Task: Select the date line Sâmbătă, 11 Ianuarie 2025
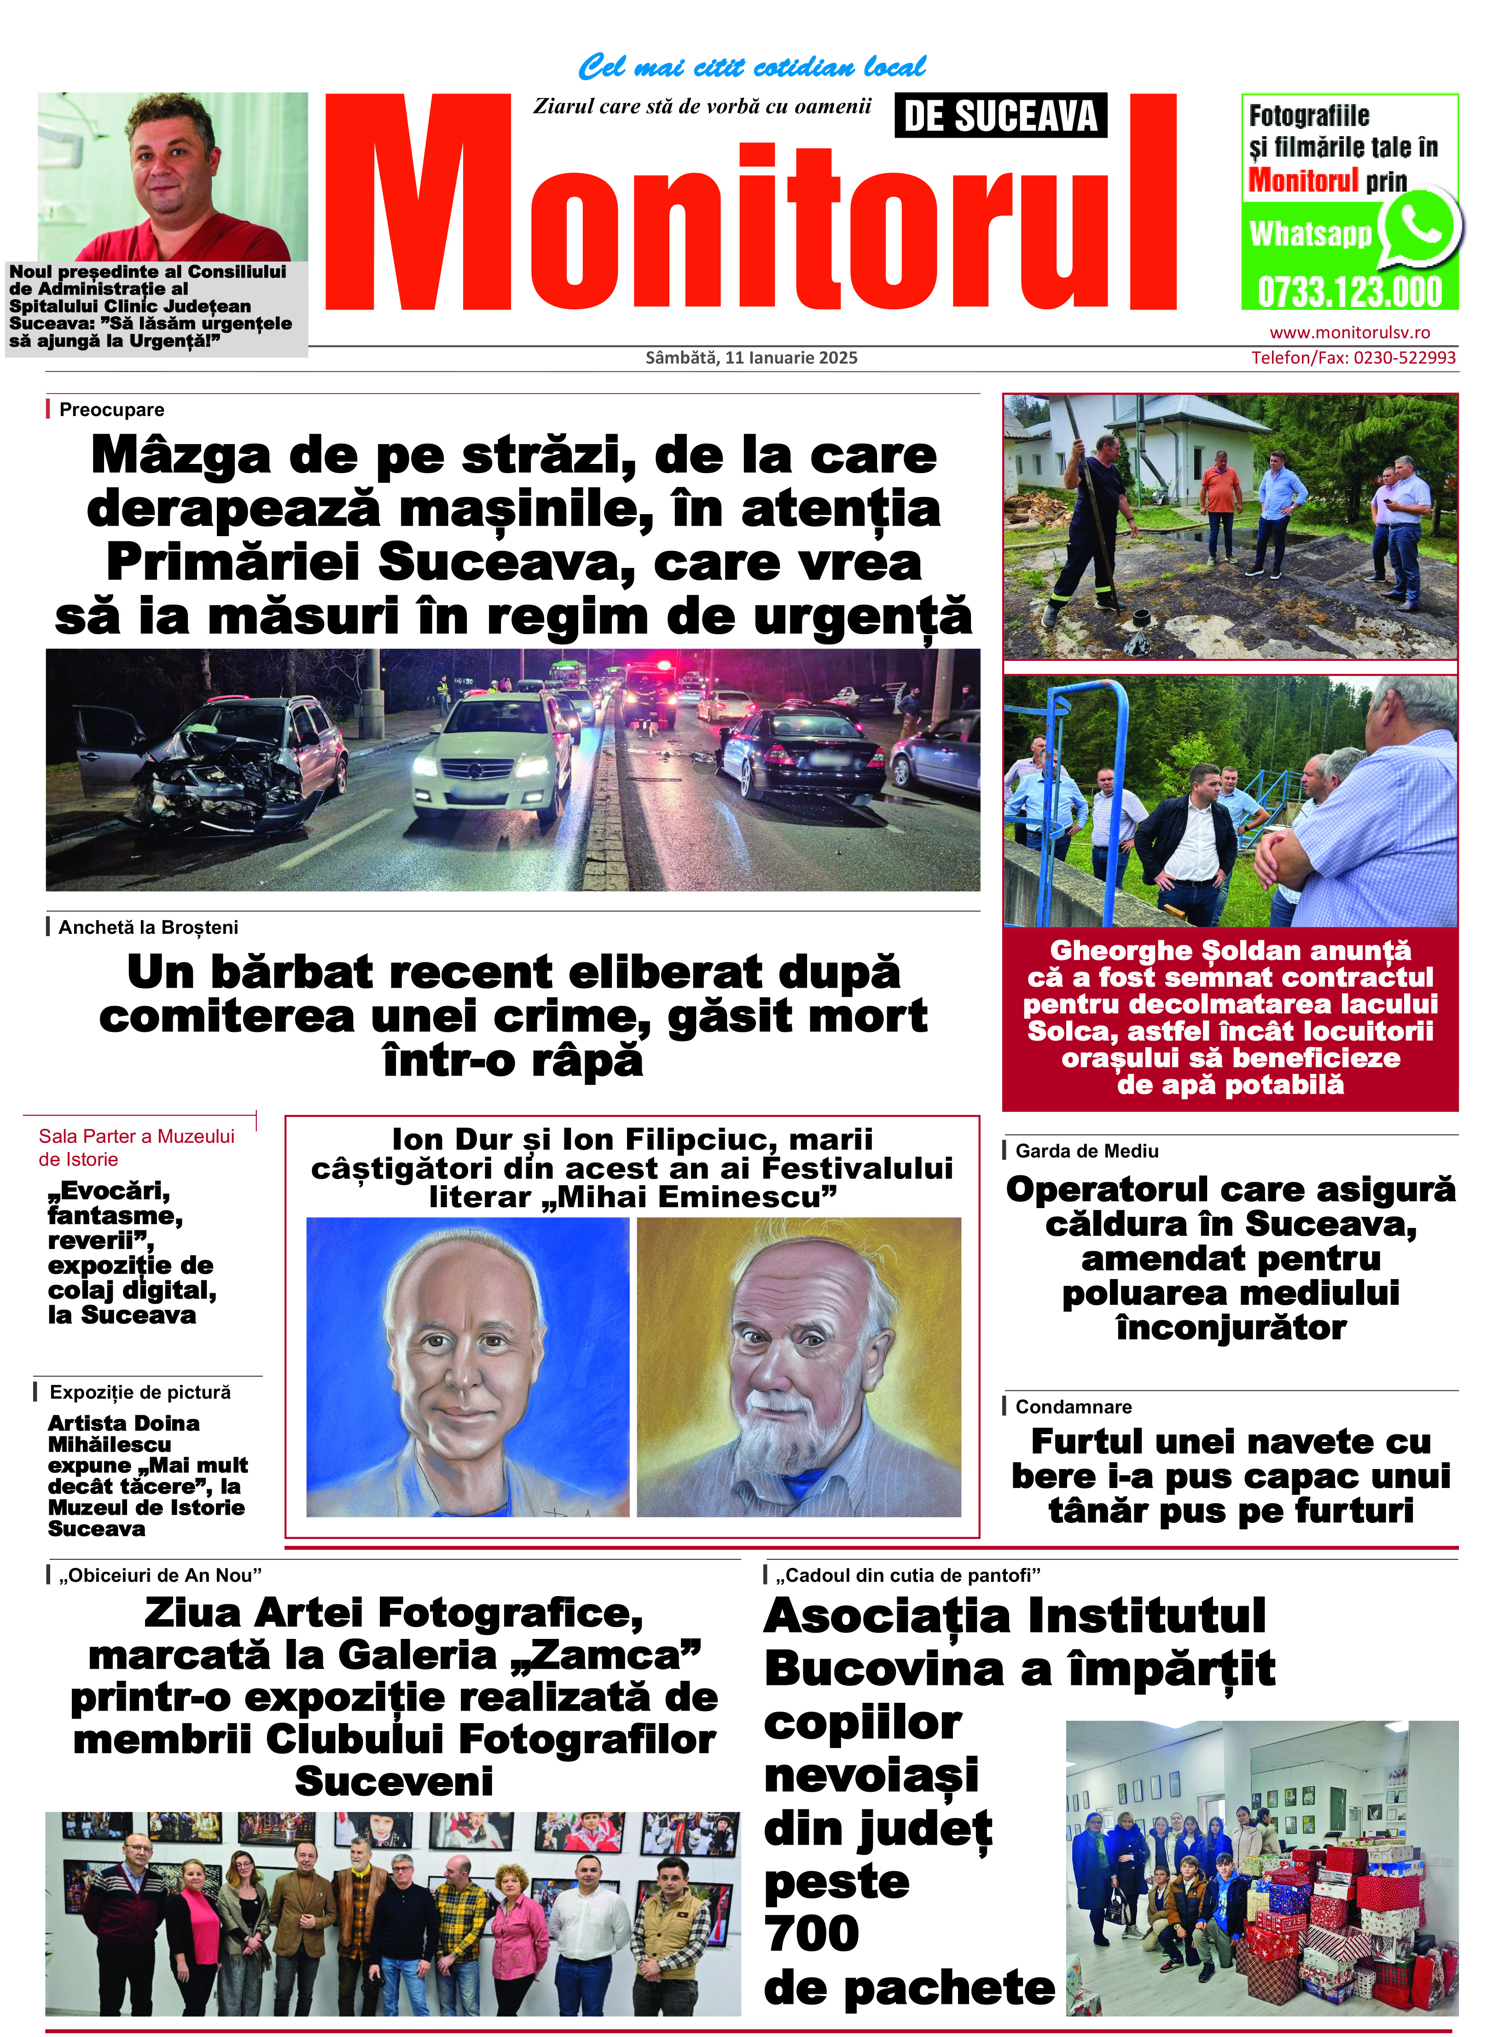click(751, 358)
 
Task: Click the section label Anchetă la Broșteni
click(148, 927)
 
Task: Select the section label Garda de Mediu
click(1087, 1152)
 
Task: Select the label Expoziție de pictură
click(140, 1393)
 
